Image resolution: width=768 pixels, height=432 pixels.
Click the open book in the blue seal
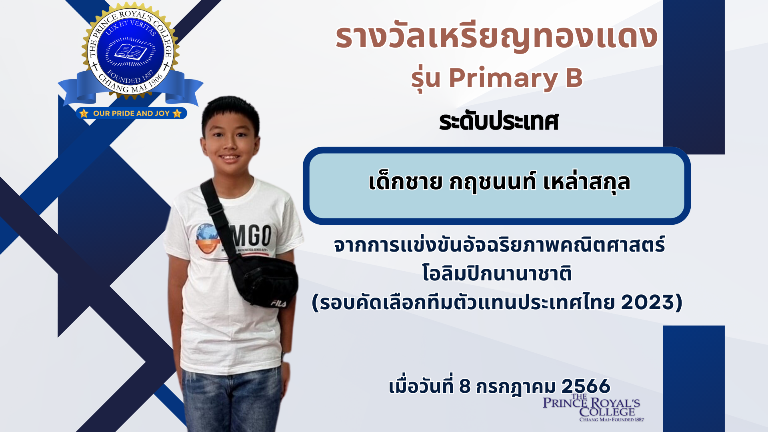click(x=130, y=52)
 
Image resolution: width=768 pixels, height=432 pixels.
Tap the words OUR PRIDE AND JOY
click(x=131, y=113)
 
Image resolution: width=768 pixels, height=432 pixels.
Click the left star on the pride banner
click(x=84, y=113)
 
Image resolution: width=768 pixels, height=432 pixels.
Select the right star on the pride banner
click(x=177, y=113)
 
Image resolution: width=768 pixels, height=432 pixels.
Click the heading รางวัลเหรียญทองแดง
click(x=496, y=37)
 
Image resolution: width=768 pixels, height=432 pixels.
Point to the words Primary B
click(x=516, y=78)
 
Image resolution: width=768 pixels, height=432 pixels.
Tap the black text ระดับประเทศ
click(x=498, y=121)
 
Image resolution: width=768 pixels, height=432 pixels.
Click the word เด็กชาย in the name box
click(x=405, y=182)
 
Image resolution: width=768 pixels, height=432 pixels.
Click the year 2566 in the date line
click(x=586, y=386)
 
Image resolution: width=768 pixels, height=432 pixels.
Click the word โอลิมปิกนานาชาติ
click(x=497, y=274)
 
